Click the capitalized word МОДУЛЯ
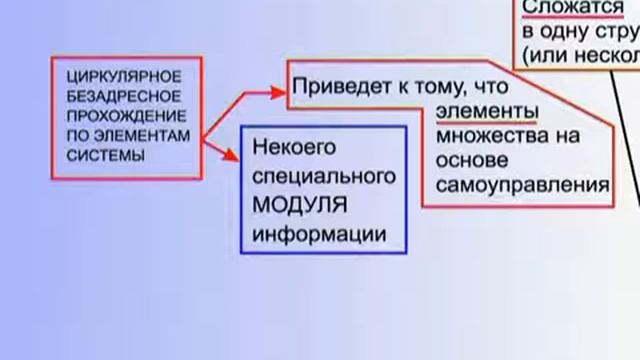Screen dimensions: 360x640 [x=299, y=206]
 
